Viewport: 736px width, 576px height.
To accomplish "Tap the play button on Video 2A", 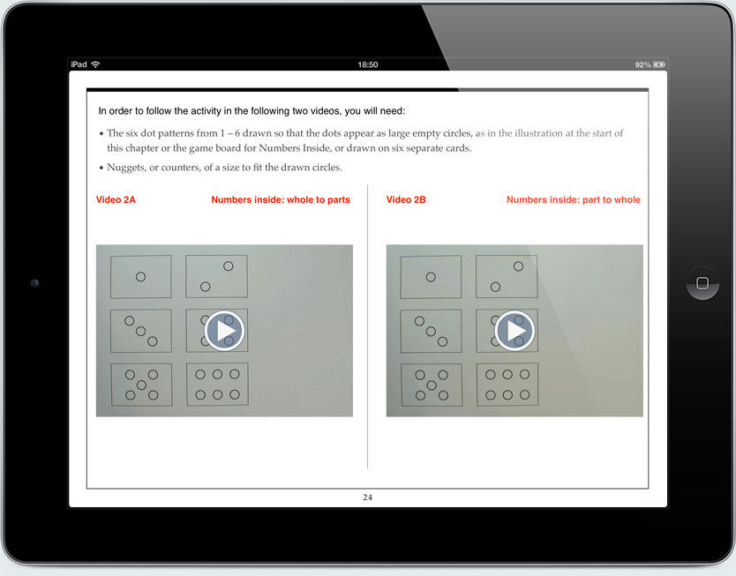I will point(224,331).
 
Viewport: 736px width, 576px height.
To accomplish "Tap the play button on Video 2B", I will point(514,331).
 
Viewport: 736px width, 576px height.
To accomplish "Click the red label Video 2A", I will point(116,200).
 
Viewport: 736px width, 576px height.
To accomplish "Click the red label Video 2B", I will point(406,200).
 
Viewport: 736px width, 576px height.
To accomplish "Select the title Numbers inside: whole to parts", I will point(280,200).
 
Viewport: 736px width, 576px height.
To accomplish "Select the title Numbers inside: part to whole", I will point(573,200).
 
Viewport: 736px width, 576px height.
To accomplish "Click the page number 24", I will point(368,497).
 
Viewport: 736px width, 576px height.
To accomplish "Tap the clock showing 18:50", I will point(368,64).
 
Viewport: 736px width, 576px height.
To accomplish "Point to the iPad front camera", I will point(34,283).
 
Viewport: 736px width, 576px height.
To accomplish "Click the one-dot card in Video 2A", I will point(140,276).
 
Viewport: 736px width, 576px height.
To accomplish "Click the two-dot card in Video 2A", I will point(216,276).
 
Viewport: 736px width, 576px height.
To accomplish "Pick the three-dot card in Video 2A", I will point(140,331).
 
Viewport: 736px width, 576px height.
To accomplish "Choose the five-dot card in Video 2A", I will point(141,385).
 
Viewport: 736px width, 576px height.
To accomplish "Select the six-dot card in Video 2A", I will point(217,385).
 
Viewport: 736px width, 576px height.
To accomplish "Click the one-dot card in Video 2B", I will point(431,276).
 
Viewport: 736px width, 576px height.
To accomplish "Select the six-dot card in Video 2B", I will point(507,385).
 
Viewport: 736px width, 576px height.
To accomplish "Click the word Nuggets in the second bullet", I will point(127,168).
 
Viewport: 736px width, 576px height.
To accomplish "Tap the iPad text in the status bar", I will point(79,64).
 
